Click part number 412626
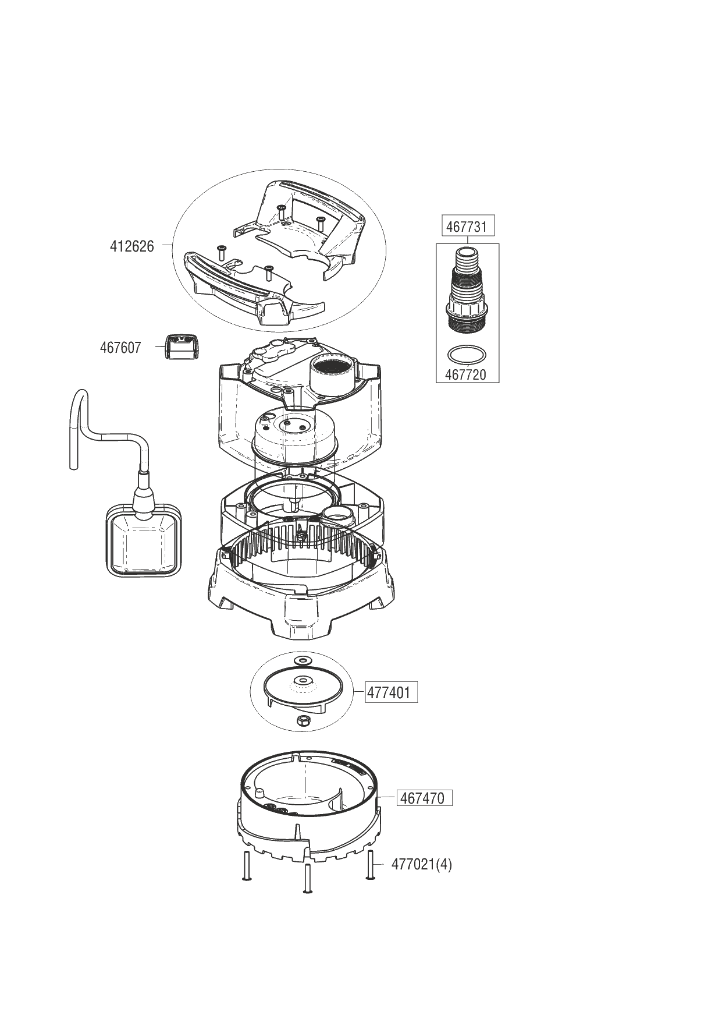pyautogui.click(x=132, y=246)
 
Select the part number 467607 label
pyautogui.click(x=120, y=348)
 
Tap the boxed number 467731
pyautogui.click(x=466, y=226)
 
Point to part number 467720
pyautogui.click(x=465, y=374)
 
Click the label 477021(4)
pyautogui.click(x=421, y=864)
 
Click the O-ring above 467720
pyautogui.click(x=467, y=353)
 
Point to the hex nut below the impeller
pyautogui.click(x=302, y=721)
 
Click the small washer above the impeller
pyautogui.click(x=303, y=660)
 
